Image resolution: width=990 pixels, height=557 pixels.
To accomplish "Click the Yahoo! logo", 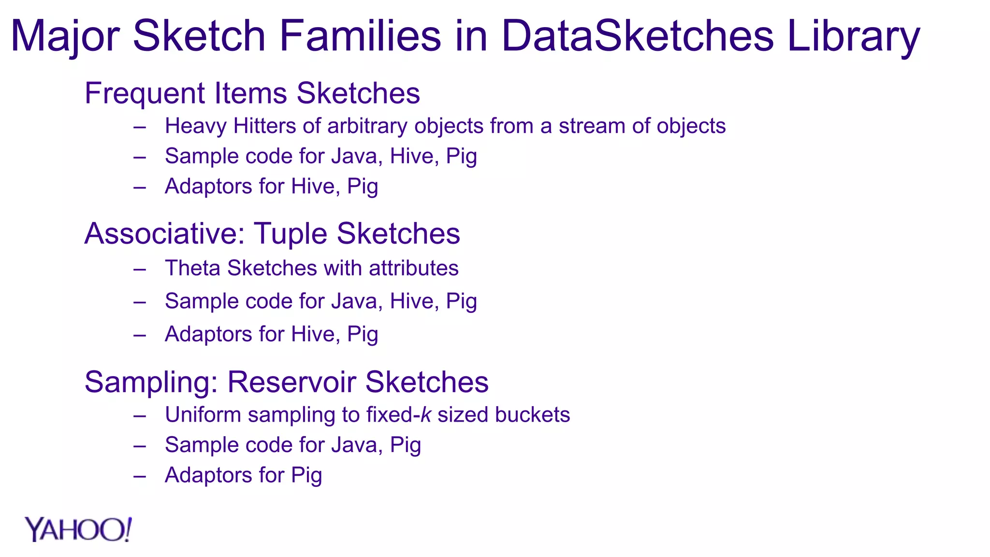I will [x=78, y=530].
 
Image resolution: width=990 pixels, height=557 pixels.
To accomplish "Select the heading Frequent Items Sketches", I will [x=252, y=93].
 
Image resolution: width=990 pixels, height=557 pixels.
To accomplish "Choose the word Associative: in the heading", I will [x=165, y=234].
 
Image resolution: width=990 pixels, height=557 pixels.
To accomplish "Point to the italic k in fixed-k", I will [x=425, y=415].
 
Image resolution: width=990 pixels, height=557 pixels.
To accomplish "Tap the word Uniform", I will [x=203, y=415].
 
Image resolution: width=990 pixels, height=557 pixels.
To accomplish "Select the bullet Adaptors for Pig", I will [x=243, y=475].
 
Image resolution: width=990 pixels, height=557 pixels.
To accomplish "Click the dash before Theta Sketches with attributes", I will [x=140, y=269].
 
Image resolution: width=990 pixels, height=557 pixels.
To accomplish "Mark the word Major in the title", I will [x=65, y=37].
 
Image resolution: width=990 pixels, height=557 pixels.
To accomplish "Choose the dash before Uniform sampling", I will [x=140, y=416].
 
